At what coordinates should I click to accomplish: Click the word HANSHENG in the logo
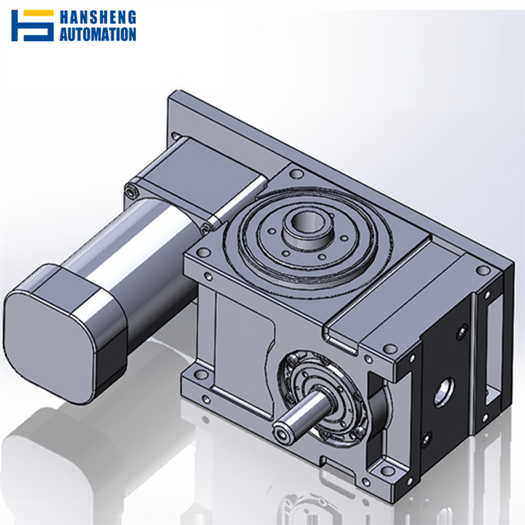click(98, 18)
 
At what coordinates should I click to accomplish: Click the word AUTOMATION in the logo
click(98, 33)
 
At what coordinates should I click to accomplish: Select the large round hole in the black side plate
click(443, 390)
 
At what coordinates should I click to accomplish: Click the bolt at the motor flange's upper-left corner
click(130, 191)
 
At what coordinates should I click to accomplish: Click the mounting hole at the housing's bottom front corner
click(388, 470)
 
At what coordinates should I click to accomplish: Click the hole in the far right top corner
click(483, 270)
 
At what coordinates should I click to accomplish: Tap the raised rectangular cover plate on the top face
click(381, 302)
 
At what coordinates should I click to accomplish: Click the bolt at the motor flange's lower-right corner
click(208, 227)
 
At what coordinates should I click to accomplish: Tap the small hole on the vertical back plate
click(176, 134)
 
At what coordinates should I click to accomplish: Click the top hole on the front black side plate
click(461, 332)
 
